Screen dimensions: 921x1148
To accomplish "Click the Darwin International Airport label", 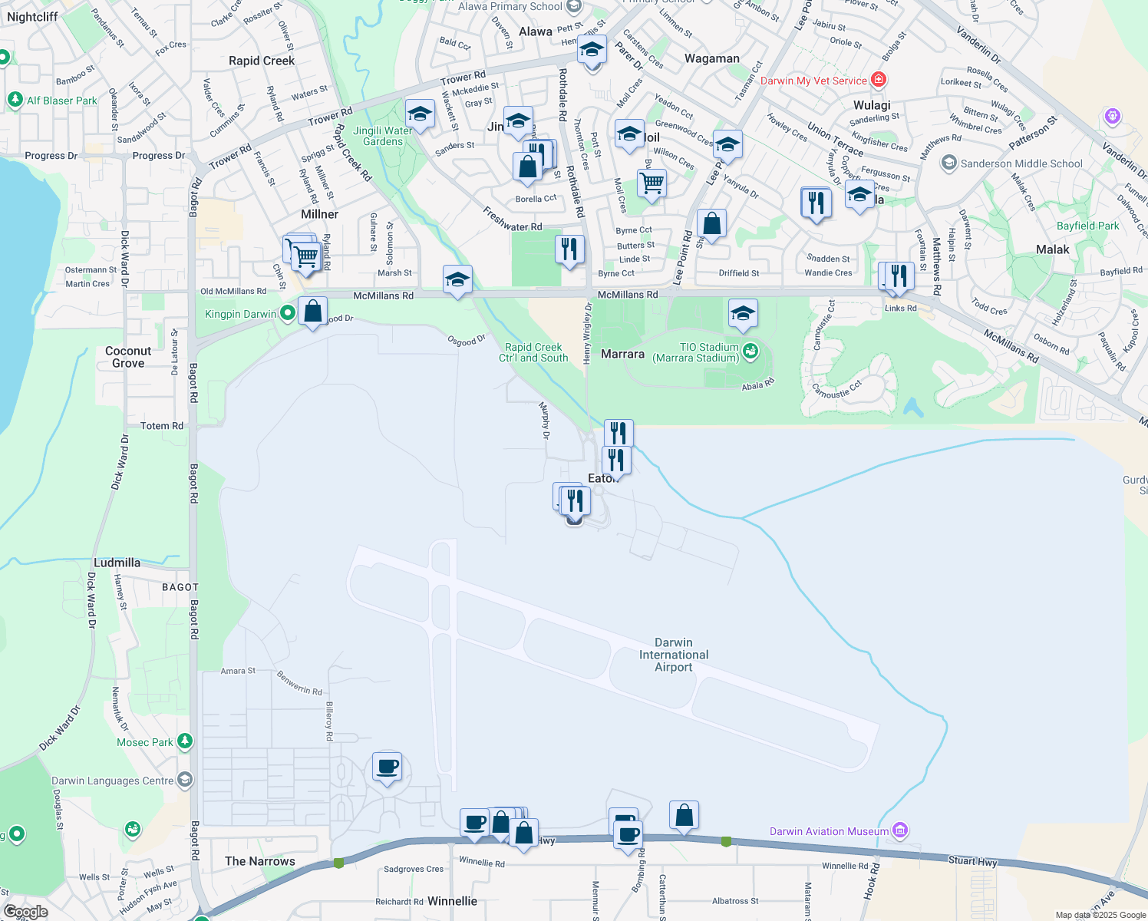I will (674, 655).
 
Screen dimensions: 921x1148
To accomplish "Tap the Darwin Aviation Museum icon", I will (901, 830).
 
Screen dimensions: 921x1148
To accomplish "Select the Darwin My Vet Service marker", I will (879, 80).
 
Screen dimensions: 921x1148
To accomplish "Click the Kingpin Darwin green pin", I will (287, 313).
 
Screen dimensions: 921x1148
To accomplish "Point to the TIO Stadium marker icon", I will (750, 352).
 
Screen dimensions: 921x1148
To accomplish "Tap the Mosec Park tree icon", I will (184, 741).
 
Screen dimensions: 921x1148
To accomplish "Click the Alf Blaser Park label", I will (62, 101).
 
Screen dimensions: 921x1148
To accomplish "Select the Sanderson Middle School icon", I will (949, 163).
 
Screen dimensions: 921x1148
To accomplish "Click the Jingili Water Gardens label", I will (383, 136).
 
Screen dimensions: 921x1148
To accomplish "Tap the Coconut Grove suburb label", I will (128, 357).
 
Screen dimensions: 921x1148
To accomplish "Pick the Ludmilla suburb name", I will (117, 563).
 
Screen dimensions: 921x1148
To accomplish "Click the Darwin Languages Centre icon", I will (184, 780).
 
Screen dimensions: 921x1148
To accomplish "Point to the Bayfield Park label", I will (1087, 226).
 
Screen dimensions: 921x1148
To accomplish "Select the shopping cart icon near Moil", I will (652, 183).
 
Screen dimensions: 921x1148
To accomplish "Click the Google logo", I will (25, 912).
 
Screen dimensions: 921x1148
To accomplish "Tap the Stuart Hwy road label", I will (972, 861).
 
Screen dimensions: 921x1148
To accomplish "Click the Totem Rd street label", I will (162, 426).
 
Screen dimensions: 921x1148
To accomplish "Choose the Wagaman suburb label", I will (711, 58).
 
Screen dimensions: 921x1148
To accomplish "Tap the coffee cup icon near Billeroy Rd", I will (388, 766).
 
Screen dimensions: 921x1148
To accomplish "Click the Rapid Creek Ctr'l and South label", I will (533, 352).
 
